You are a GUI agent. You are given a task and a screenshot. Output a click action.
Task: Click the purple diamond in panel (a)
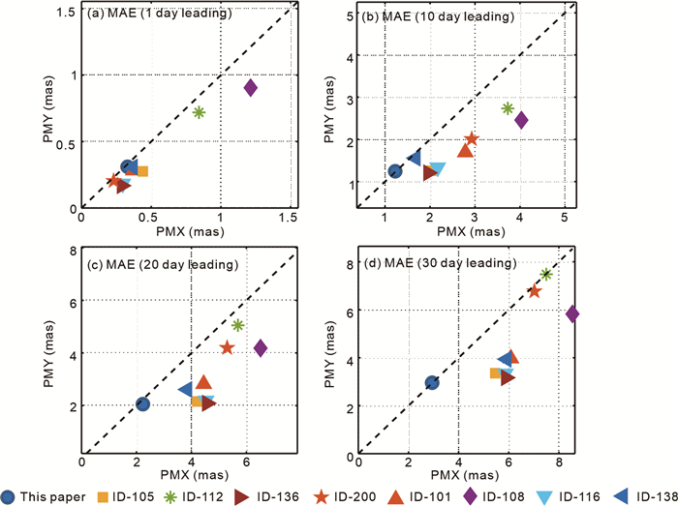(x=250, y=88)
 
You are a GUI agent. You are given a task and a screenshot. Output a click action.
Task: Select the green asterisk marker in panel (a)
(x=199, y=112)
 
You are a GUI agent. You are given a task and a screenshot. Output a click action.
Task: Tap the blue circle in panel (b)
(x=395, y=171)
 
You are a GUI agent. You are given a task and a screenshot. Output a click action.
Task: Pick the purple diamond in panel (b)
(x=521, y=120)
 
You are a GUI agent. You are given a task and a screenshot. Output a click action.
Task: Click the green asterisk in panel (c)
(x=238, y=325)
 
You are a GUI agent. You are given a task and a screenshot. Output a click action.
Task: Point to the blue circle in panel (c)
(x=142, y=404)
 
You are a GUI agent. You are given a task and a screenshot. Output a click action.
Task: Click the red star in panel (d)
(x=534, y=290)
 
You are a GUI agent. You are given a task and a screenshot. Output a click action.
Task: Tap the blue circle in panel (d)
(x=432, y=383)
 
